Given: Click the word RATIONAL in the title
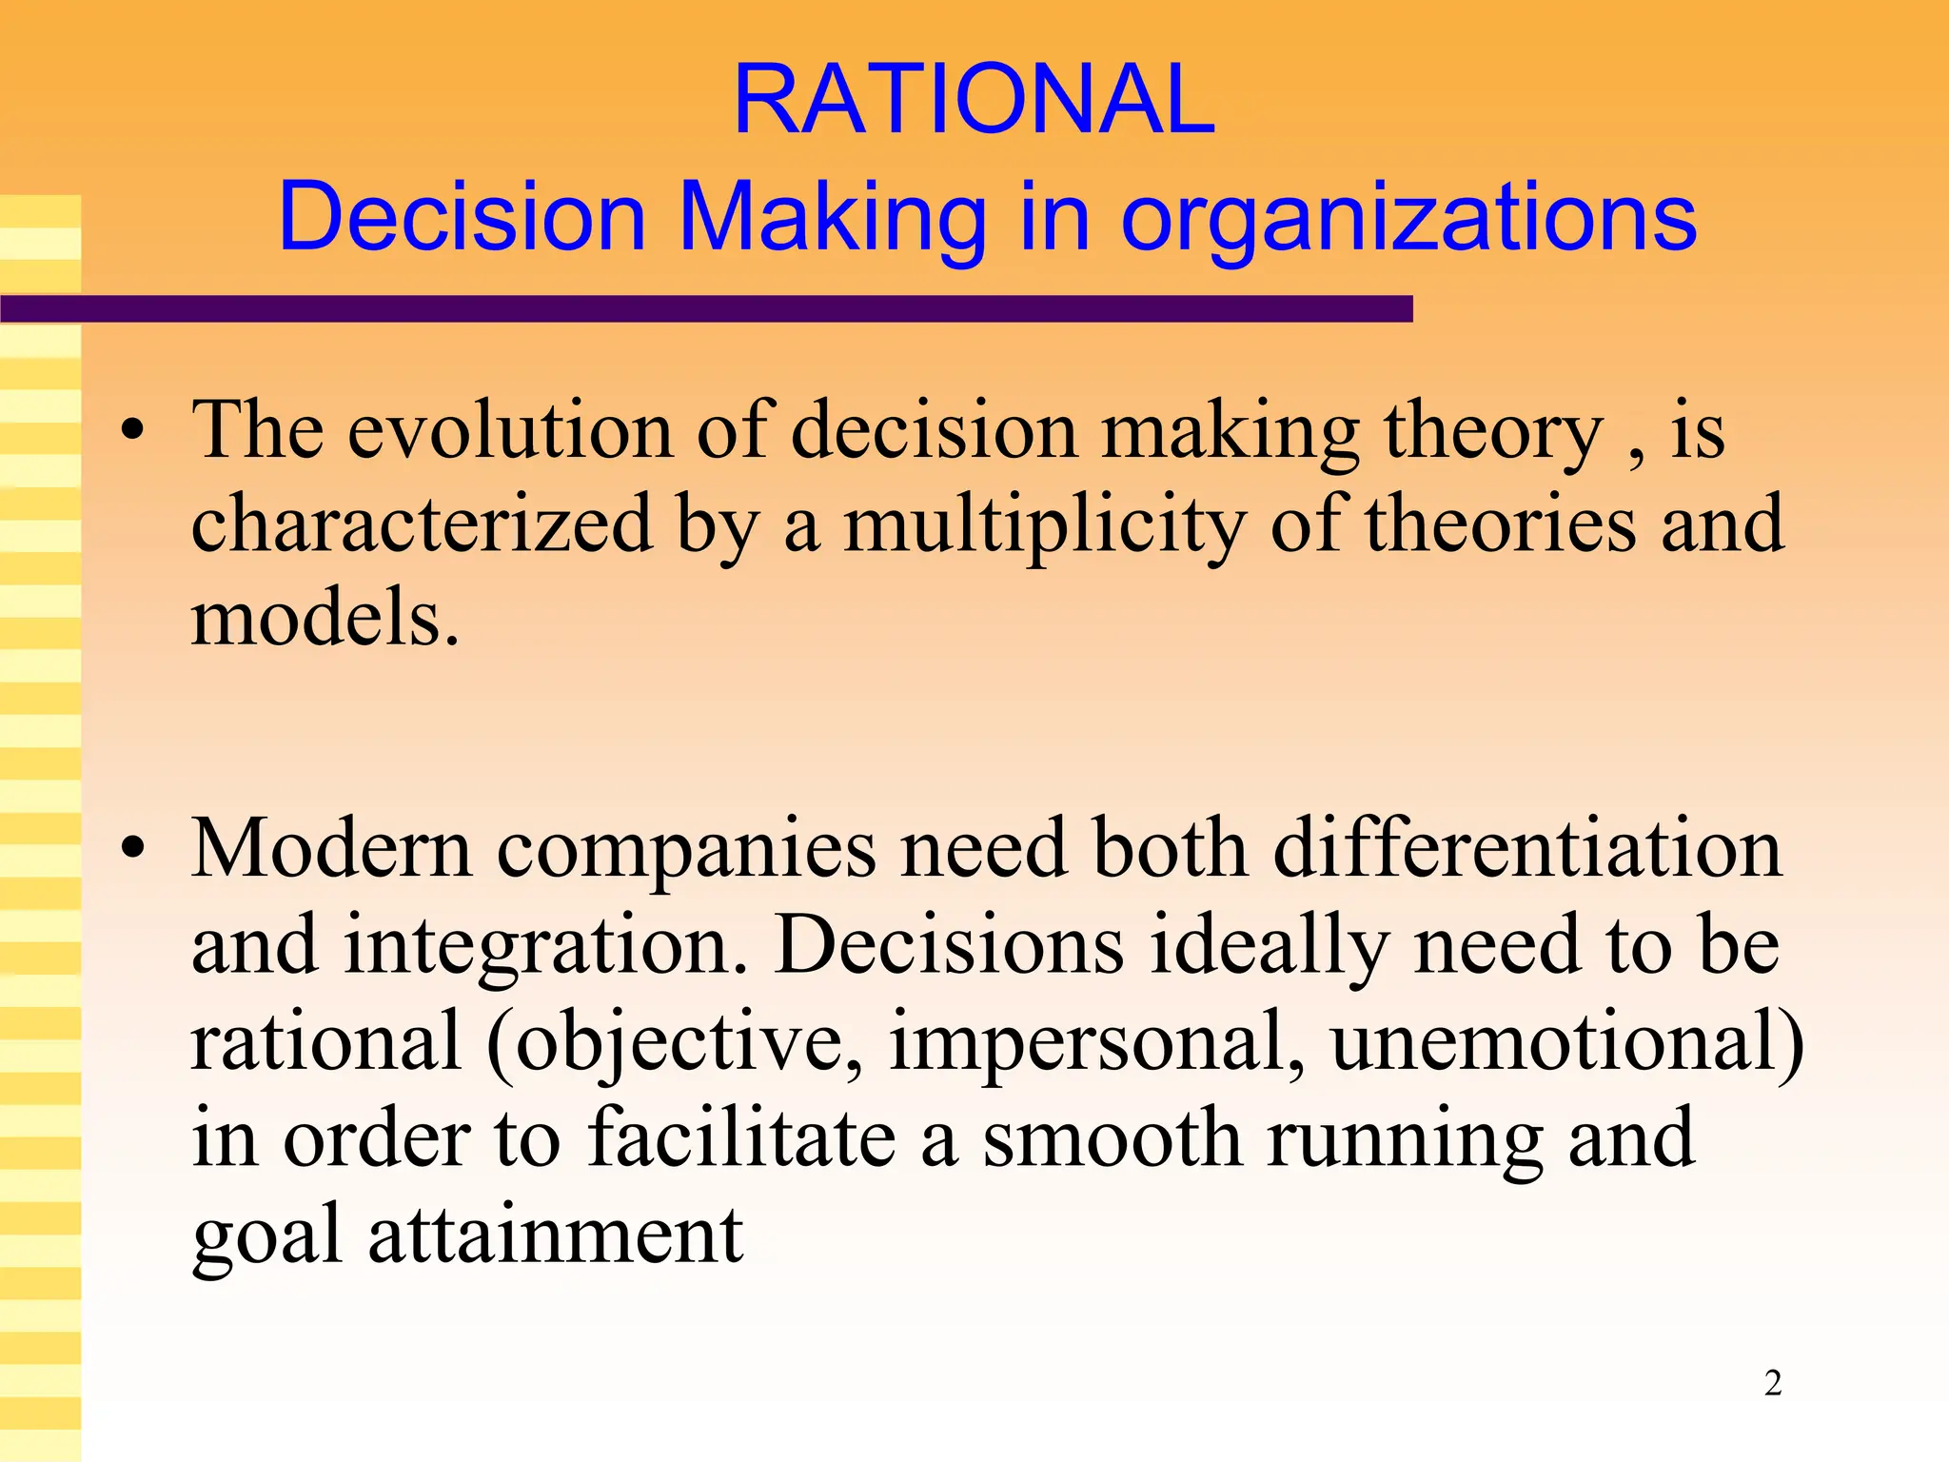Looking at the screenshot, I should (974, 99).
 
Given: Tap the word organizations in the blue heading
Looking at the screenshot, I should (1408, 219).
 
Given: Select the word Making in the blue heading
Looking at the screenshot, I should (832, 219).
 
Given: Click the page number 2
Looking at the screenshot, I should (1773, 1382).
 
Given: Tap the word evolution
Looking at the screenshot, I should (510, 432).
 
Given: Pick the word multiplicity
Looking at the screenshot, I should (1044, 526).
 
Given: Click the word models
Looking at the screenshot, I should (325, 619).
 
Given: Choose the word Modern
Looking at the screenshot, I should (332, 849).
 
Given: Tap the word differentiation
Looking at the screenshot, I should (1526, 849).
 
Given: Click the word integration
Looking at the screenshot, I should (545, 948).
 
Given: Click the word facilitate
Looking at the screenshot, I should (741, 1138).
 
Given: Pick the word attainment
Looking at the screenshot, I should (556, 1235).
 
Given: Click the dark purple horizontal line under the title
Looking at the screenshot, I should (704, 308).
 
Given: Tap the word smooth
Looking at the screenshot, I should (1112, 1138).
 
